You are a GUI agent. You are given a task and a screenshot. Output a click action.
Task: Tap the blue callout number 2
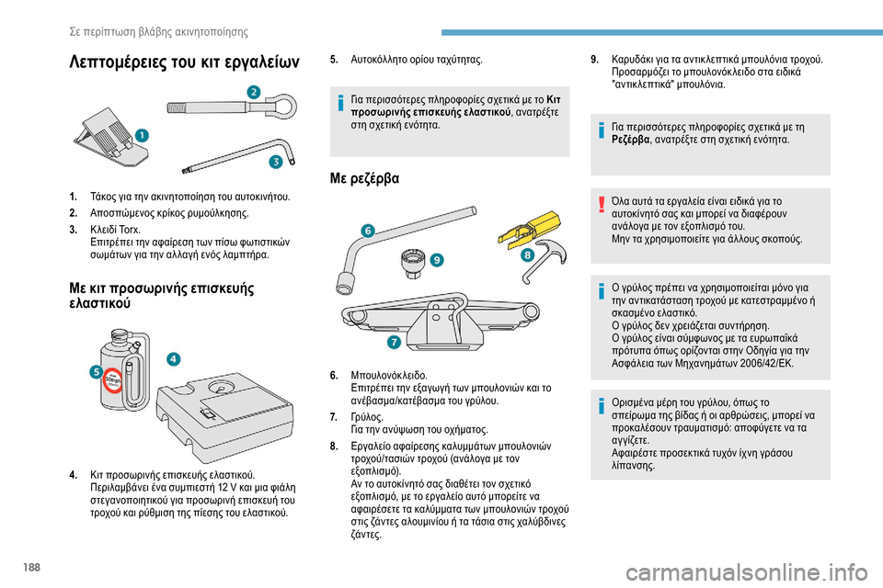253,90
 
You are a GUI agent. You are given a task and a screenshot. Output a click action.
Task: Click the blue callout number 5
96,371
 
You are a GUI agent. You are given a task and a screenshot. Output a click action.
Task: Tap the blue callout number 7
393,343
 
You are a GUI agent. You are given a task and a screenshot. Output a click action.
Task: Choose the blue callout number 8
528,254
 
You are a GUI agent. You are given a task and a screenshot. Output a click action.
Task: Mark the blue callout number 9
436,261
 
